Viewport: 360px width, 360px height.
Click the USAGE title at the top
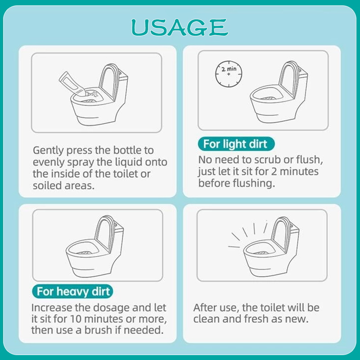pos(180,27)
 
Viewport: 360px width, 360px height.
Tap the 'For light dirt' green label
pos(235,144)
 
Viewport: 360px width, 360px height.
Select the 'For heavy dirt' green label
pos(73,291)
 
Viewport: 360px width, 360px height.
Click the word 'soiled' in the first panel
pos(46,185)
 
